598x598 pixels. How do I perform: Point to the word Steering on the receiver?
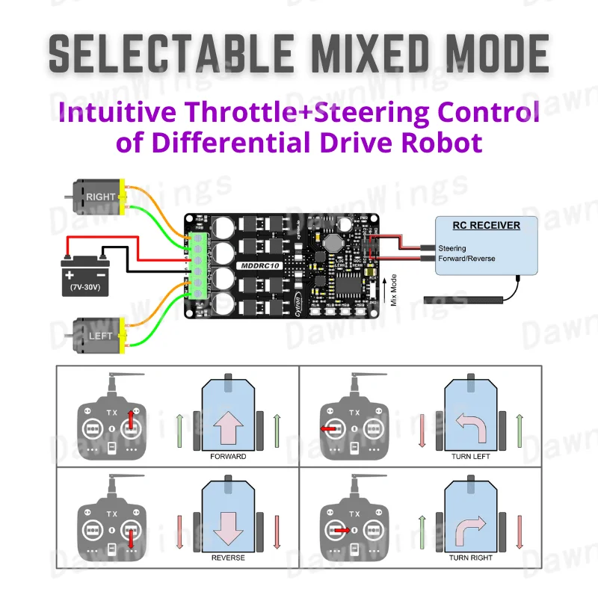452,248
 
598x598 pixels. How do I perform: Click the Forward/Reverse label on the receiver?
466,259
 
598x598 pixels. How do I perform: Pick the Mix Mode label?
393,289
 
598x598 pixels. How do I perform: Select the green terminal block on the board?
197,265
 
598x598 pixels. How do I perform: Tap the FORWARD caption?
228,456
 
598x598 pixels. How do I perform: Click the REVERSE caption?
228,558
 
